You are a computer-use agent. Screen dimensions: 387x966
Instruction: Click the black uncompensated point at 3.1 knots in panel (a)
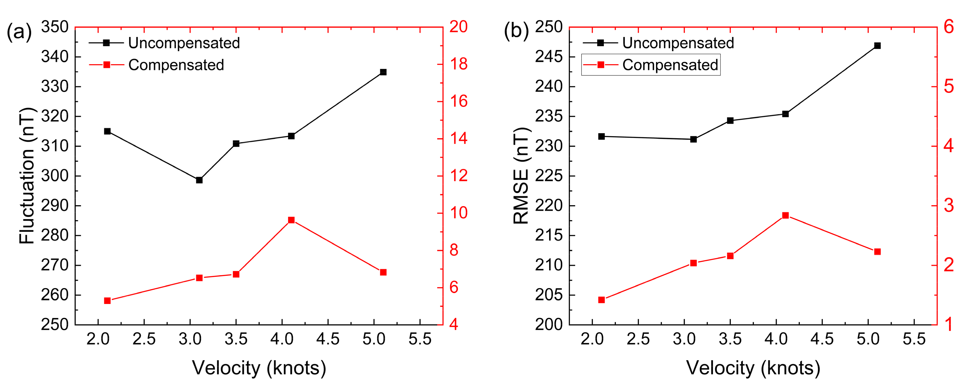[199, 180]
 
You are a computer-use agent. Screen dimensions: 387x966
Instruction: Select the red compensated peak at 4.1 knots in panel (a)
[291, 220]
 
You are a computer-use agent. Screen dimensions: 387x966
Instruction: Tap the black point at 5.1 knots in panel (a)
[383, 72]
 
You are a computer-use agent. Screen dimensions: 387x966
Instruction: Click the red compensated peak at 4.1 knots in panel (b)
[785, 215]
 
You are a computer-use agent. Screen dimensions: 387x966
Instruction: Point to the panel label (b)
[516, 31]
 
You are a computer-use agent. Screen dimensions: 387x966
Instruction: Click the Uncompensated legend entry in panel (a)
[183, 43]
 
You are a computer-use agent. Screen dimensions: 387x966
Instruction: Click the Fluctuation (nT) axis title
[27, 176]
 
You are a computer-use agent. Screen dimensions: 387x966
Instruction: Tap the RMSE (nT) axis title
[521, 176]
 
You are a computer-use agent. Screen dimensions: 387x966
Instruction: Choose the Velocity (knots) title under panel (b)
[753, 368]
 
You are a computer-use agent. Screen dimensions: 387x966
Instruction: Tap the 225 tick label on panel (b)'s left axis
[549, 176]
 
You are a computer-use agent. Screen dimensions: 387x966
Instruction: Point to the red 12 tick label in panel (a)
[458, 176]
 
